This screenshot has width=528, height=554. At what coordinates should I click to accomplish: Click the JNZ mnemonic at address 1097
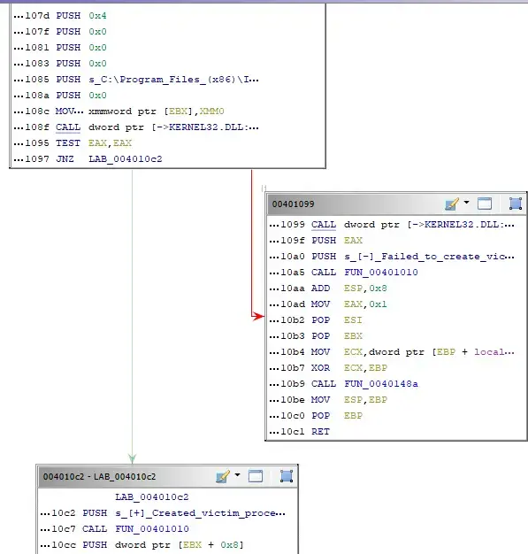coord(65,159)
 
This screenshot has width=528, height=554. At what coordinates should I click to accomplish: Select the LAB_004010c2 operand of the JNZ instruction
coord(126,159)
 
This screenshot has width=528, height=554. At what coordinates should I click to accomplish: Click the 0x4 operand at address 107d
coord(97,16)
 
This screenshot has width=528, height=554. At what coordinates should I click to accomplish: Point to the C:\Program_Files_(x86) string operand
coord(173,80)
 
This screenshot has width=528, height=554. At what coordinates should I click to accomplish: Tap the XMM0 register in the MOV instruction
coord(211,112)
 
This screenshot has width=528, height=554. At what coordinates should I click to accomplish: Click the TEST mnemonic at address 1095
coord(68,143)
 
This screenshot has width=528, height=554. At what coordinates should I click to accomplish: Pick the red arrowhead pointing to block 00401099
coord(258,316)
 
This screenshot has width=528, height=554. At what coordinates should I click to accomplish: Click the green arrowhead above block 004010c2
coord(132,458)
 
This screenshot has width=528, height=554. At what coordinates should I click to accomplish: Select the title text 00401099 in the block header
coord(293,204)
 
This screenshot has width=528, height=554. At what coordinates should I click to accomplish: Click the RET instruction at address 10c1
coord(320,431)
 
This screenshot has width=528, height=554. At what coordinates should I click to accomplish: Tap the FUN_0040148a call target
coord(381,384)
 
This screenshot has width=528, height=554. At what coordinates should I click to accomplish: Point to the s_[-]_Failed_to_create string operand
coord(429,257)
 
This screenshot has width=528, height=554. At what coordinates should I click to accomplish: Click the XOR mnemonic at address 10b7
coord(320,368)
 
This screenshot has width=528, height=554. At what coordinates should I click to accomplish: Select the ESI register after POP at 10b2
coord(353,320)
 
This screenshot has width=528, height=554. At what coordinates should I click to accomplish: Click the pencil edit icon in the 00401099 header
coord(452,204)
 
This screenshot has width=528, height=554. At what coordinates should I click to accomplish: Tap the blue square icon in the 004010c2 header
coord(287,476)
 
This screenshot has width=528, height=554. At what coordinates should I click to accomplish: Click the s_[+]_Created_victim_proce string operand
coord(200,513)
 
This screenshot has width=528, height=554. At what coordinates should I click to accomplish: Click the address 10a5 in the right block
coord(293,273)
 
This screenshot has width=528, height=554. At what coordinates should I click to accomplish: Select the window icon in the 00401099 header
coord(484,204)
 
